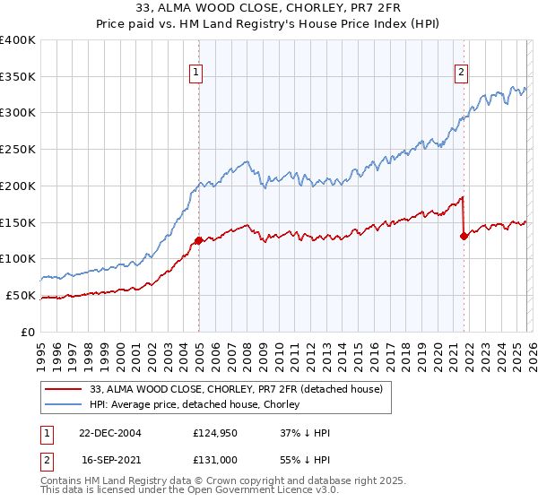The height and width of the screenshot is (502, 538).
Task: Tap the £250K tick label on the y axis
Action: point(18,149)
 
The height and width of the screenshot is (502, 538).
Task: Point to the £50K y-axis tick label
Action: point(21,295)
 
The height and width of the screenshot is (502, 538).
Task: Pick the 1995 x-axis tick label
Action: point(40,351)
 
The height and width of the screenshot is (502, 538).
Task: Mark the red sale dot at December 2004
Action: point(198,240)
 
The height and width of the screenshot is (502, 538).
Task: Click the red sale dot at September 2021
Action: point(464,236)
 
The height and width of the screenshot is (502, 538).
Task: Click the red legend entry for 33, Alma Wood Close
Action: point(236,389)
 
